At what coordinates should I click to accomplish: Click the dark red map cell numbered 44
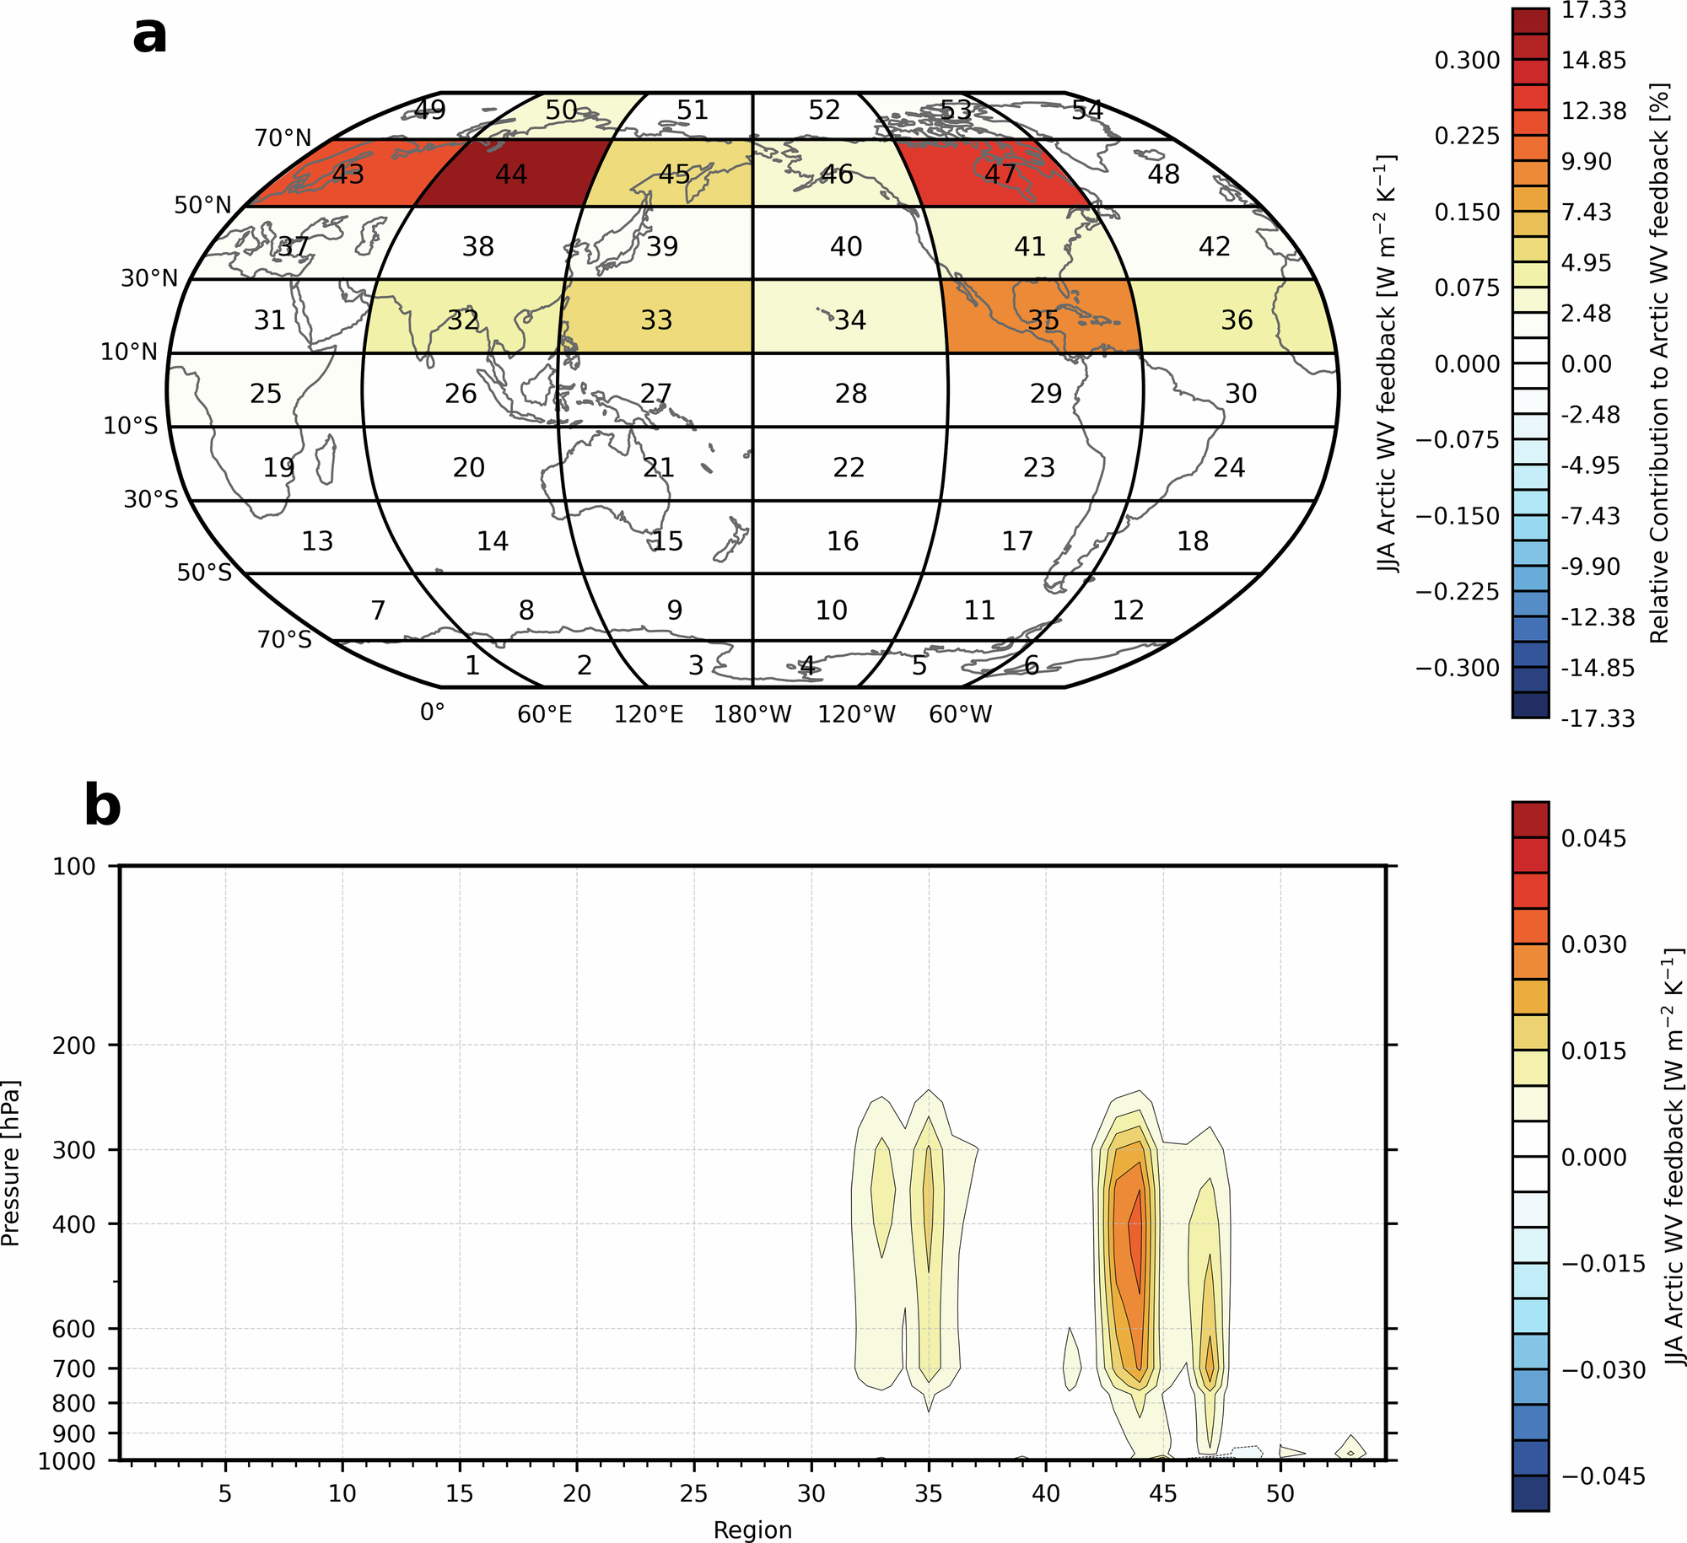(x=511, y=174)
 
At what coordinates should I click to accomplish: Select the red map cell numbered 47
(x=1000, y=174)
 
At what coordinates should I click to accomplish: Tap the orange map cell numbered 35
(x=1043, y=320)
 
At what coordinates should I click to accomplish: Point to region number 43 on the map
(x=348, y=174)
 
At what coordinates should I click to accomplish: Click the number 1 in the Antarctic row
(x=472, y=665)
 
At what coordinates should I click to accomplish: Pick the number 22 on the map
(x=849, y=467)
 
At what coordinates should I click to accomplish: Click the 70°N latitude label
(x=283, y=137)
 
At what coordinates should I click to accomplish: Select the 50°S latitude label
(x=203, y=573)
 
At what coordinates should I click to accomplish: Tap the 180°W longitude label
(x=752, y=714)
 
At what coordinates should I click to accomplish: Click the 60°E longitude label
(x=545, y=714)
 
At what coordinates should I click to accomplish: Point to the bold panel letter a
(x=149, y=35)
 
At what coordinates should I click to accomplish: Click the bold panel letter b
(x=102, y=806)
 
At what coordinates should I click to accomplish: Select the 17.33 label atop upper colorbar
(x=1593, y=10)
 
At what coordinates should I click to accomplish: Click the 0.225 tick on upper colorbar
(x=1467, y=136)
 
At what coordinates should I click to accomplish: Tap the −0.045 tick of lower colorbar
(x=1603, y=1476)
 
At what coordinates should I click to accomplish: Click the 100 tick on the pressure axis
(x=73, y=866)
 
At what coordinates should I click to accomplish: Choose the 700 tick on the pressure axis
(x=73, y=1368)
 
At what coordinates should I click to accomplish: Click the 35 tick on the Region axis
(x=928, y=1493)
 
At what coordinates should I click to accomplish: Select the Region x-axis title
(x=752, y=1530)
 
